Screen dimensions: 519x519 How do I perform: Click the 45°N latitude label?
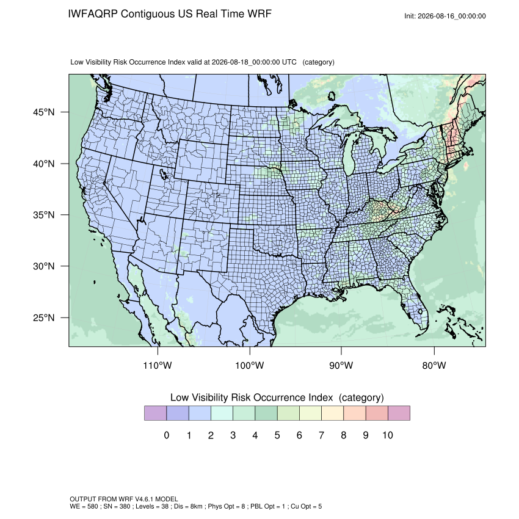tap(44, 112)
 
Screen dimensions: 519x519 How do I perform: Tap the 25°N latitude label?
tap(44, 318)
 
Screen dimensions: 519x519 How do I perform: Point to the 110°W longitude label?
tap(158, 365)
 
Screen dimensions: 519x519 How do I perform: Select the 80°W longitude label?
tap(434, 365)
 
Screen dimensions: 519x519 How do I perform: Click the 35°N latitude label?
tap(44, 215)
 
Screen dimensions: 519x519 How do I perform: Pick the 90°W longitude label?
tap(341, 365)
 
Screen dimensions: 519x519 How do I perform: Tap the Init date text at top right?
tap(445, 16)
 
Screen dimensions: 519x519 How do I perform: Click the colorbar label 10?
tap(388, 435)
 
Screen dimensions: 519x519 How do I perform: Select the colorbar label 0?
tap(167, 435)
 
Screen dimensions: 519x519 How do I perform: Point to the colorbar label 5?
tap(277, 435)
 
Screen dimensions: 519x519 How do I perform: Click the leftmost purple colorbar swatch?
tap(155, 413)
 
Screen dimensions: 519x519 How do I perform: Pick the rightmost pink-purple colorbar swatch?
tap(399, 413)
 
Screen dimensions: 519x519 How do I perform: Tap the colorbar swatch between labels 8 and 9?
tap(355, 413)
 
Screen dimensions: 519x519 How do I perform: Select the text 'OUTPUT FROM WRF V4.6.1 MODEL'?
tap(124, 499)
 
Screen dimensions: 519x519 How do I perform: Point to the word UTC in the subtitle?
tap(289, 62)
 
